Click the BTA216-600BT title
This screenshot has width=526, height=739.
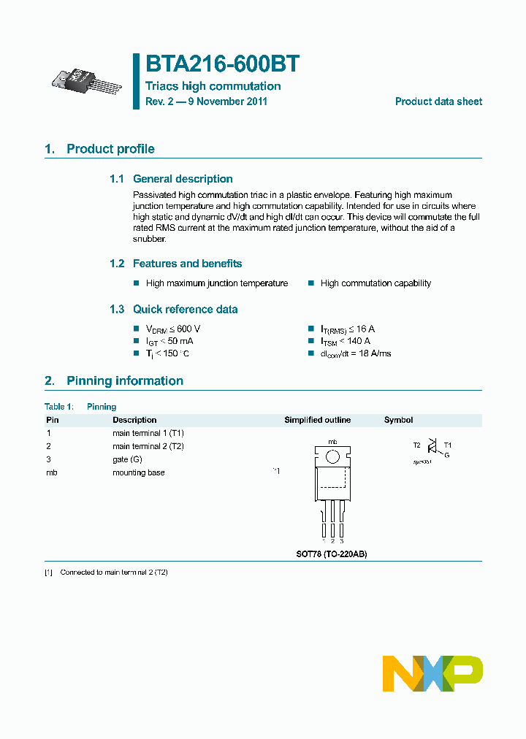coord(222,64)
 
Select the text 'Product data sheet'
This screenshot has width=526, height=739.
coord(438,102)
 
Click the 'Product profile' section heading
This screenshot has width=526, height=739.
coord(110,149)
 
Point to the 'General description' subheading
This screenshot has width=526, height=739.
coord(182,179)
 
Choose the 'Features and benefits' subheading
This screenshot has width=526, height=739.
coord(187,264)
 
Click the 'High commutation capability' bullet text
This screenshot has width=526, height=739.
coord(376,283)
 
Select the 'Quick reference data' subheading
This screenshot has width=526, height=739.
coord(185,310)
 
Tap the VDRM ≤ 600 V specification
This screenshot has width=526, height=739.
coord(173,329)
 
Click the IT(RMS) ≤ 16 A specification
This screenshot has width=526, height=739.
coord(348,329)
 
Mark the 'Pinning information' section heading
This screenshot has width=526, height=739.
coord(124,381)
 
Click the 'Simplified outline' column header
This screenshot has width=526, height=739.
coord(317,420)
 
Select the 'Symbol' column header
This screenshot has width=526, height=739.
coord(398,420)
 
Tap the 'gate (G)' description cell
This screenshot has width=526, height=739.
coord(127,459)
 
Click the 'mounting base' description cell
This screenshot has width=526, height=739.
coord(138,472)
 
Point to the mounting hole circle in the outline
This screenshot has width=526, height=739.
coord(332,457)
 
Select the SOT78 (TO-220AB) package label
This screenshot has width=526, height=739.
coord(332,554)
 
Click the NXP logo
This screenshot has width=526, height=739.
coord(432,673)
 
